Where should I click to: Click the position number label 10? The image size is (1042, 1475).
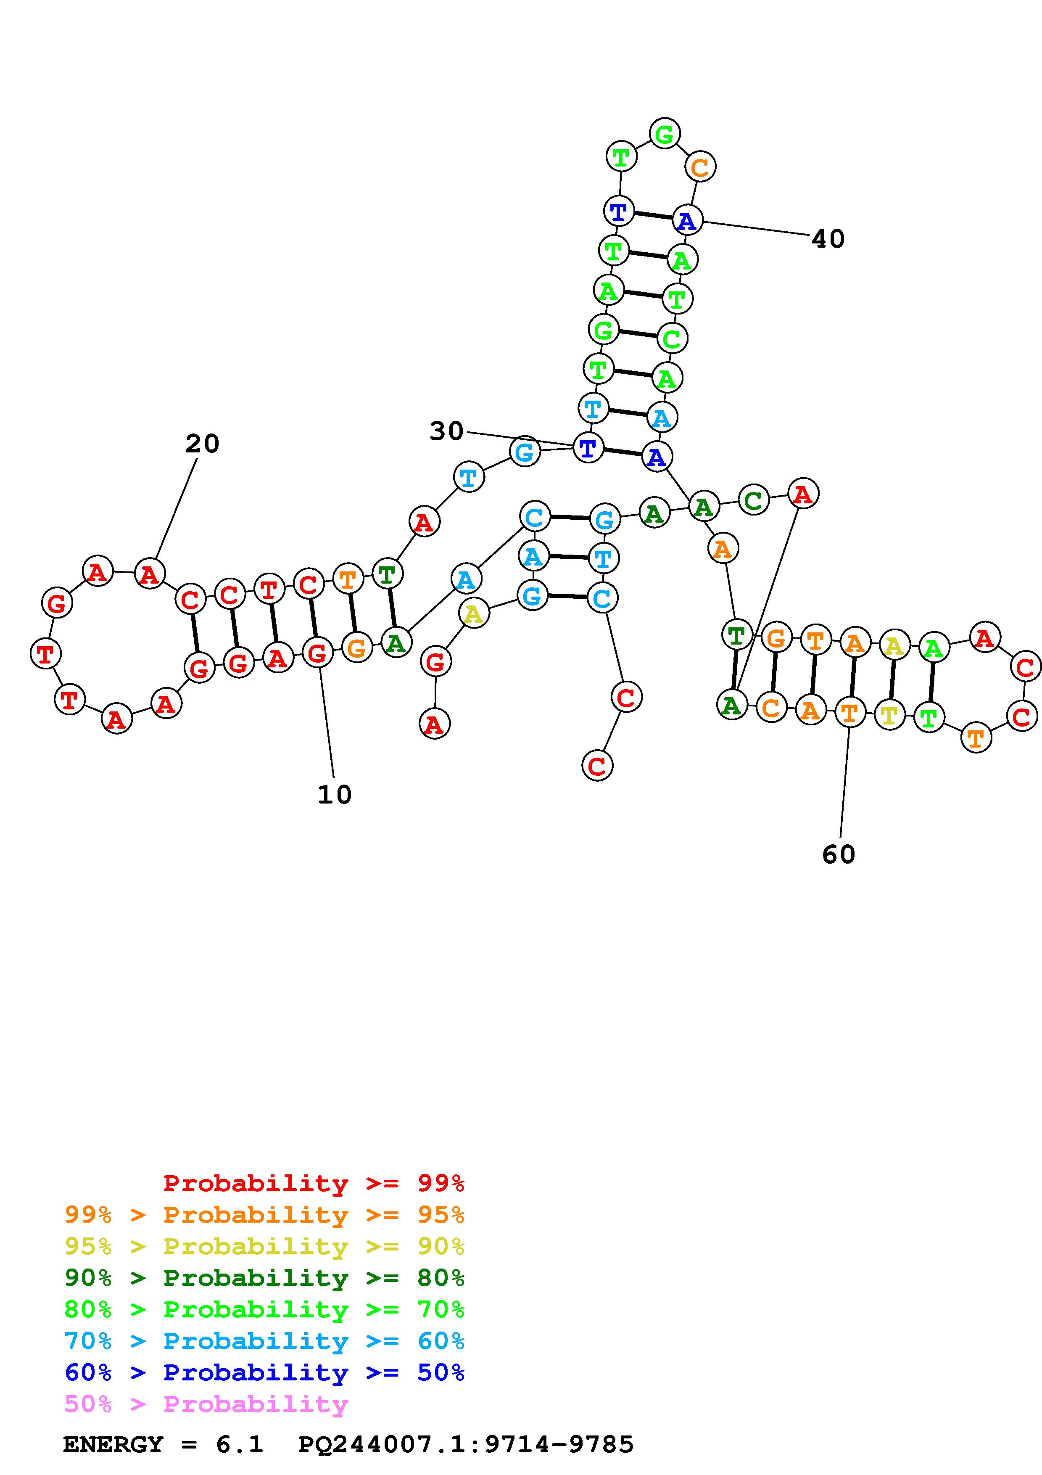[x=335, y=795]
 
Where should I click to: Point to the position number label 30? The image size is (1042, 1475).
[x=446, y=431]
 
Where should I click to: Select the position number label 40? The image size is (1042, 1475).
[x=828, y=239]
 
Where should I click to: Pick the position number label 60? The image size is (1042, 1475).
[x=839, y=854]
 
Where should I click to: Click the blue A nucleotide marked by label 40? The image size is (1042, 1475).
[x=687, y=221]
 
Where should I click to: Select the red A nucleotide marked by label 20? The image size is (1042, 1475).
[x=150, y=574]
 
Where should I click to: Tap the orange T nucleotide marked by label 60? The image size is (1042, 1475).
[x=849, y=712]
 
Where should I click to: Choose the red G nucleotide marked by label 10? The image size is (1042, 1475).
[x=317, y=654]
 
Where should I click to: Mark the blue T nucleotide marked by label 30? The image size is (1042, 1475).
[x=588, y=448]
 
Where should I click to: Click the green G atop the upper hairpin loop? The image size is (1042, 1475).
[x=665, y=134]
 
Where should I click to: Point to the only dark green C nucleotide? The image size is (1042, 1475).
[x=753, y=500]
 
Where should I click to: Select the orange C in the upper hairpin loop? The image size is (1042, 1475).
[x=700, y=167]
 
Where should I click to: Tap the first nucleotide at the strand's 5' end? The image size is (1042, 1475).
[x=435, y=724]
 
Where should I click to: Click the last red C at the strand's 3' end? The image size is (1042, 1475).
[x=597, y=766]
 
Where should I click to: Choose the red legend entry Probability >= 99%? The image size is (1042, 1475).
[x=313, y=1183]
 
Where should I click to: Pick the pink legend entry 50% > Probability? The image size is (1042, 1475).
[x=206, y=1404]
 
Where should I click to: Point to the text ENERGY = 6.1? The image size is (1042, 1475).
[x=163, y=1444]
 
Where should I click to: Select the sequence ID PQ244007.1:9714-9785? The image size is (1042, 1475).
[x=465, y=1444]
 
